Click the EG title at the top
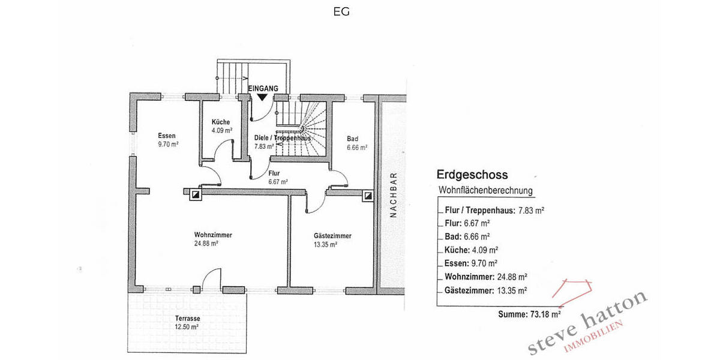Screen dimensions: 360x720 tap(341, 11)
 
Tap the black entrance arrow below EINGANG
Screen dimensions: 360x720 tap(262, 97)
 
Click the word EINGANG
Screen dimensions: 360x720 tap(263, 88)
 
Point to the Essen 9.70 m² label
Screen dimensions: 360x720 tap(167, 139)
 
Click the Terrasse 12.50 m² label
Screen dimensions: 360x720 tap(187, 322)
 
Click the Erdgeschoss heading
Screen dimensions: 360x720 tap(472, 175)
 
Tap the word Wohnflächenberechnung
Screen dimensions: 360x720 tap(486, 191)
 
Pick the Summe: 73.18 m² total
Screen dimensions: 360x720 tap(529, 314)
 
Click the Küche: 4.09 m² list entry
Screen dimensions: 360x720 tap(472, 250)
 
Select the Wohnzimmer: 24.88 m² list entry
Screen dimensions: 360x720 tap(486, 277)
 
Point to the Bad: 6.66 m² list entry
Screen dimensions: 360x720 tap(467, 236)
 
